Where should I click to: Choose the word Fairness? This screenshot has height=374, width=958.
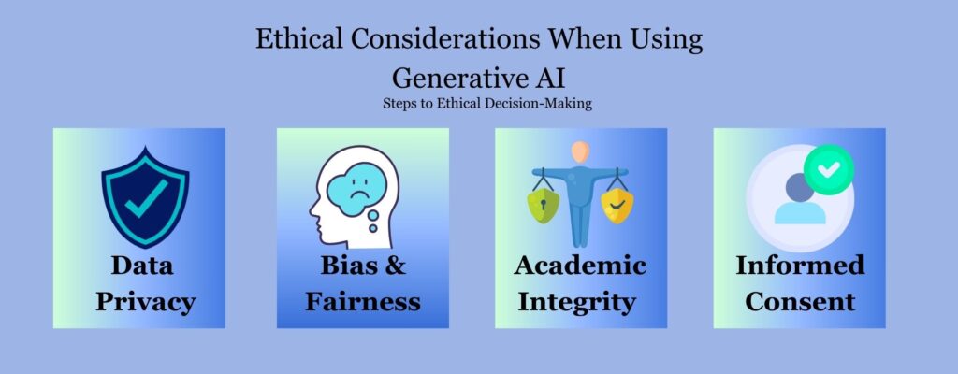coord(363,302)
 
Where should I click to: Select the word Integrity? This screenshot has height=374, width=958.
coord(578,302)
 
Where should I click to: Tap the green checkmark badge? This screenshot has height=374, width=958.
coord(828,169)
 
